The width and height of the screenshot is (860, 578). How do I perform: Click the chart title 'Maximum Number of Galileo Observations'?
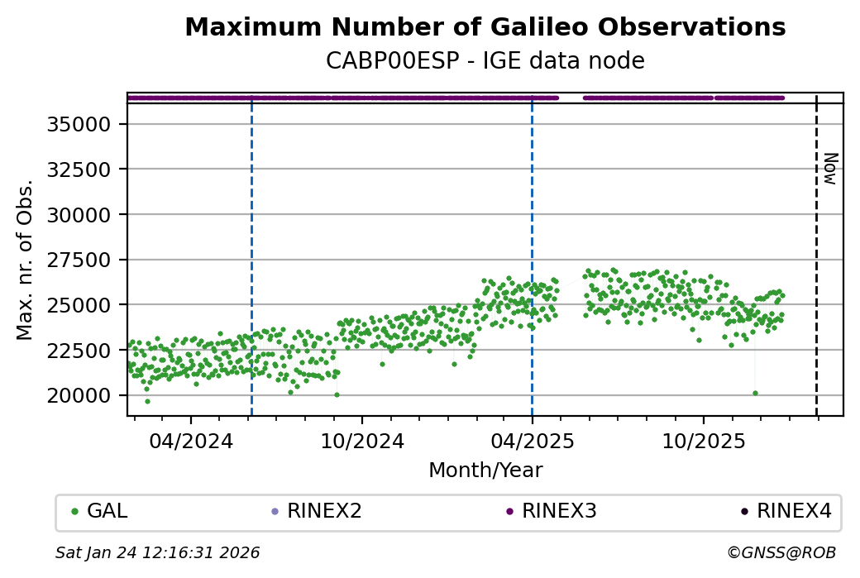pos(485,27)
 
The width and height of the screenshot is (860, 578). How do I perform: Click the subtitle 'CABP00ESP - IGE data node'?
pos(485,61)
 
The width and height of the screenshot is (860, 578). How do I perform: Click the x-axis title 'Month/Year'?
pos(485,471)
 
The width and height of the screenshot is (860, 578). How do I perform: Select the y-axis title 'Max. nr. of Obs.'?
pos(25,259)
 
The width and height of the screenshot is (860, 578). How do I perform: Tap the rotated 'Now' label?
pos(830,168)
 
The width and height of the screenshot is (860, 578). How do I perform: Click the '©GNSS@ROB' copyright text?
pos(781,552)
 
